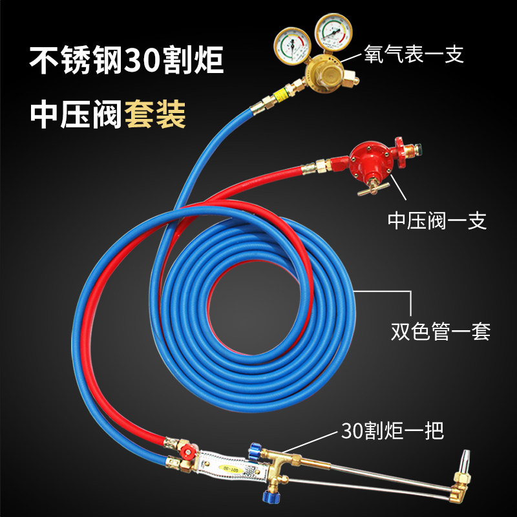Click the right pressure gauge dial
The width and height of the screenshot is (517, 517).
[331, 32]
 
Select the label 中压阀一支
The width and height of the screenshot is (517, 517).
[437, 221]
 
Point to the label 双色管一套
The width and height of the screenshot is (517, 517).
[441, 332]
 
